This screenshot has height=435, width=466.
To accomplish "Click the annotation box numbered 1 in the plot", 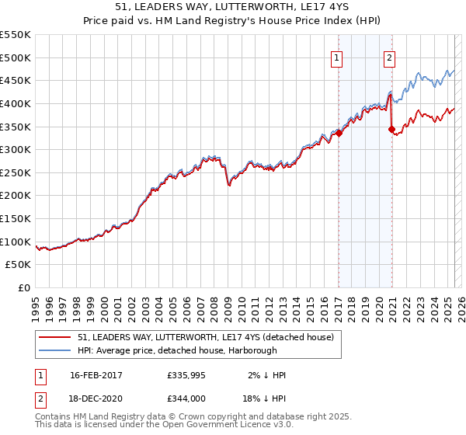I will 338,57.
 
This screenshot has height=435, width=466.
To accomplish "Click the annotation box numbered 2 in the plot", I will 388,57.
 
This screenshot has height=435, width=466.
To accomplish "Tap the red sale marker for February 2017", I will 339,133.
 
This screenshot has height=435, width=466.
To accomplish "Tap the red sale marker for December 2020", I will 392,129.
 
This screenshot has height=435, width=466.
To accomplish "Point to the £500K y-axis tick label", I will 16,57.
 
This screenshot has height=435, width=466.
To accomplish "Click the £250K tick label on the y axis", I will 16,172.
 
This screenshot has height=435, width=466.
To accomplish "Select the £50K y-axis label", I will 19,265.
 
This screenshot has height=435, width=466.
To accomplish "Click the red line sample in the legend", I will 54,338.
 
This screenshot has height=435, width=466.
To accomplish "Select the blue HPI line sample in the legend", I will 54,350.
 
